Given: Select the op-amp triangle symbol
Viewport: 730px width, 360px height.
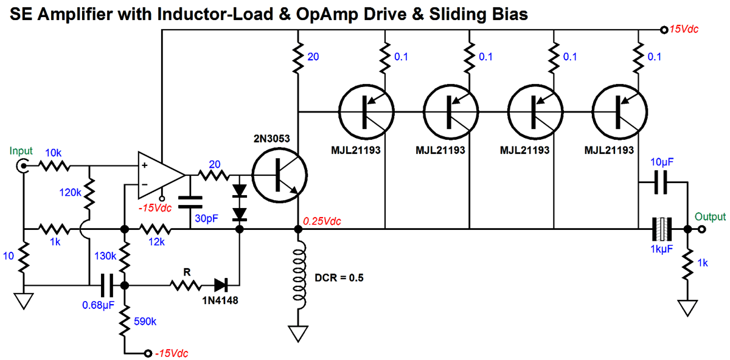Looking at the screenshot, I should click(159, 175).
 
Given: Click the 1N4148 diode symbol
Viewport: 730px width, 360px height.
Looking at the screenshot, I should click(220, 285).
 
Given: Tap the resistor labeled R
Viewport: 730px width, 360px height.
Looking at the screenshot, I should click(185, 285).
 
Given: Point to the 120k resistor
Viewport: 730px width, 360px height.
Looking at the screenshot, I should click(89, 193).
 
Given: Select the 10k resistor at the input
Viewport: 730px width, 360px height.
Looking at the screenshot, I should click(54, 165).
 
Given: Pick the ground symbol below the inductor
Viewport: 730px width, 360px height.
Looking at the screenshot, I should click(298, 333).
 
